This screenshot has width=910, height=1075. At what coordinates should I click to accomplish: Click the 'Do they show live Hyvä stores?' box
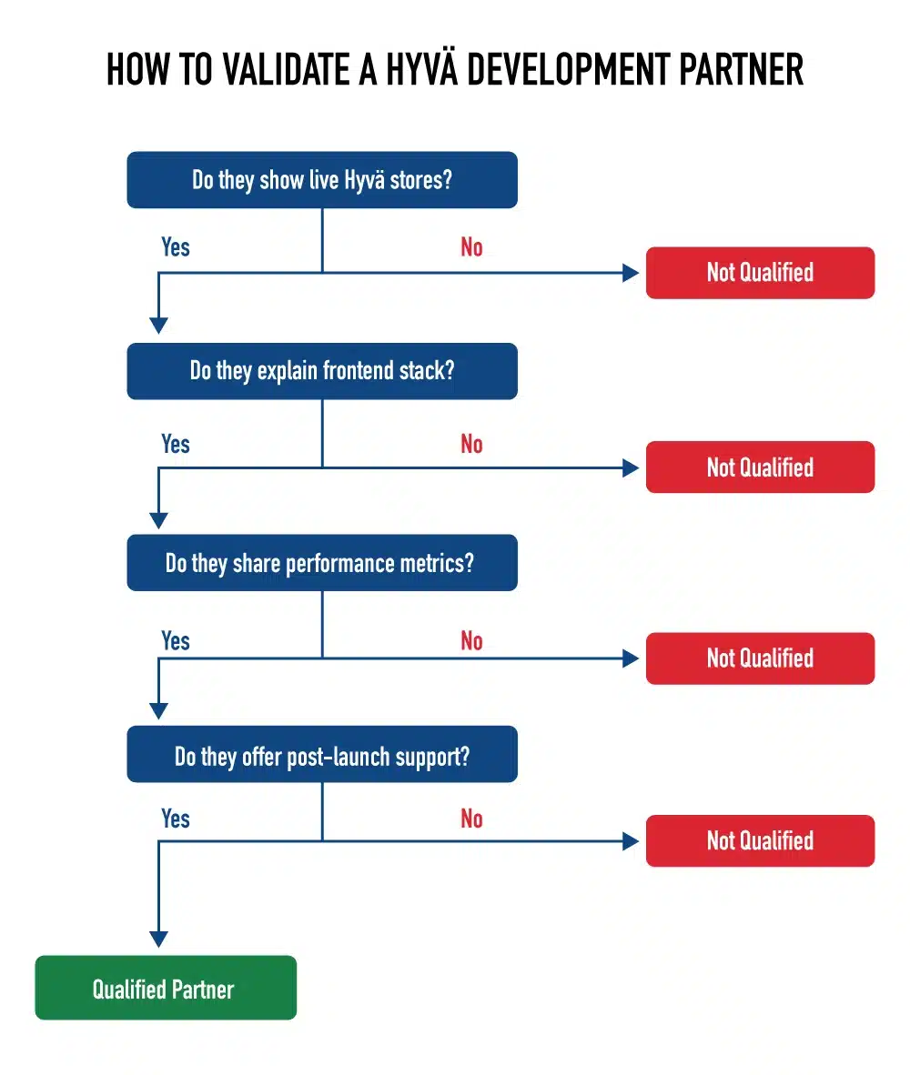[322, 180]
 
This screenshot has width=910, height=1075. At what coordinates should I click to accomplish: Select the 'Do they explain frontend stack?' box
[322, 371]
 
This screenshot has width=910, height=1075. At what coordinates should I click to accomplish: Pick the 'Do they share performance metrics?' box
[322, 563]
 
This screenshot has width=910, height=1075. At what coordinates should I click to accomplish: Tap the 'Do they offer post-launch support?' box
[322, 755]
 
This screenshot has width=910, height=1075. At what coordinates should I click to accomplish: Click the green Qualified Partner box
[165, 988]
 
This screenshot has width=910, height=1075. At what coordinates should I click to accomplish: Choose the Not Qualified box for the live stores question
[760, 272]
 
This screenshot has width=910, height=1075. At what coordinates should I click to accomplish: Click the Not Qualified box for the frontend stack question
[760, 467]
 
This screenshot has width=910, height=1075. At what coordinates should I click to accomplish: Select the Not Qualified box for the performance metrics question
[760, 658]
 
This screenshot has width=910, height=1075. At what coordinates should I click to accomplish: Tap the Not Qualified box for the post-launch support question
[760, 840]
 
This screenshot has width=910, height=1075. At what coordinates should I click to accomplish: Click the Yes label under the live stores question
[176, 247]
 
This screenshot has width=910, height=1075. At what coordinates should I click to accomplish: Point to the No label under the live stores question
[471, 247]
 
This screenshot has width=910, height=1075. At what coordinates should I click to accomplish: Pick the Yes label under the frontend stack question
[176, 445]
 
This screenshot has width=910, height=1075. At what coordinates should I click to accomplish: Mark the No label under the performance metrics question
[471, 641]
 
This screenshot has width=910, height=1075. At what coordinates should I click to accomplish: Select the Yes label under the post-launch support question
[176, 819]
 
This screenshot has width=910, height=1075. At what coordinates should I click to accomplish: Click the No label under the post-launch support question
[471, 819]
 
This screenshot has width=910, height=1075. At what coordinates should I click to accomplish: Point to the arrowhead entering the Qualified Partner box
[159, 939]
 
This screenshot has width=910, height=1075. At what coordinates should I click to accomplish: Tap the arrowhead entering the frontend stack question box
[159, 326]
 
